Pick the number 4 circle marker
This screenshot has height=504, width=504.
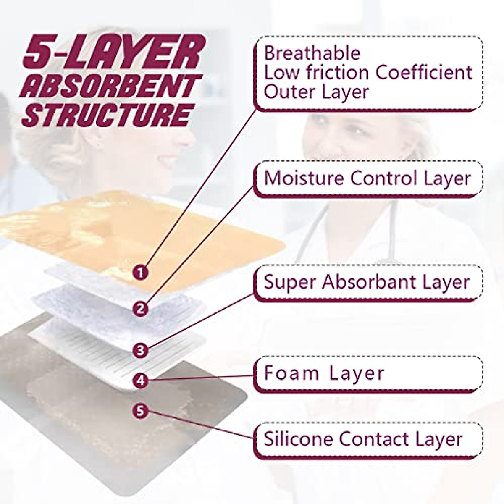coord(141,381)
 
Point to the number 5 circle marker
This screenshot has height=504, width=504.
coord(141,410)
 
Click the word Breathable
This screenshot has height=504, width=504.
coord(312,53)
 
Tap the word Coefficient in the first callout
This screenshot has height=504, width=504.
coord(424,72)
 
